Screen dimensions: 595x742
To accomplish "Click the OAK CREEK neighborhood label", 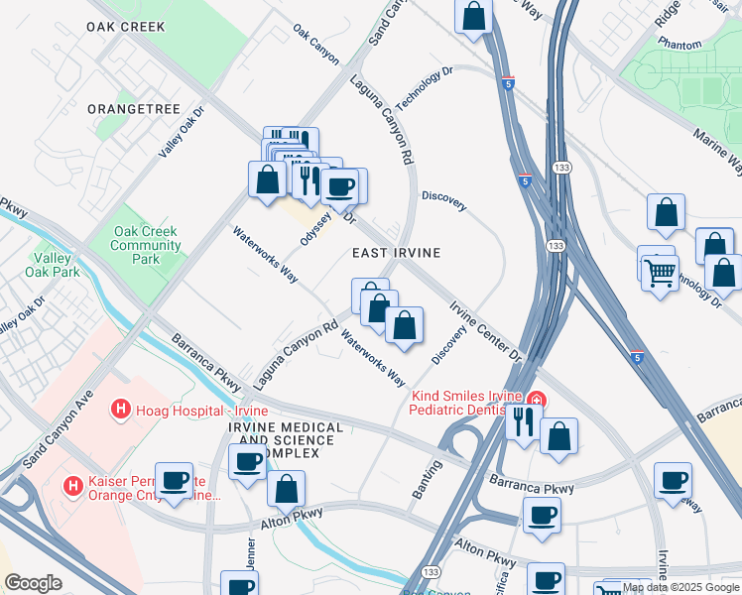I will pyautogui.click(x=125, y=27).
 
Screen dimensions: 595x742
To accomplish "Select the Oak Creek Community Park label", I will pyautogui.click(x=145, y=245).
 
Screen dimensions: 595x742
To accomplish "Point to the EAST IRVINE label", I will pyautogui.click(x=396, y=254).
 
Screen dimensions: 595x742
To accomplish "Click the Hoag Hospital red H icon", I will pyautogui.click(x=120, y=408).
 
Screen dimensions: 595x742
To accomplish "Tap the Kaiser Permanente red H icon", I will pyautogui.click(x=72, y=486).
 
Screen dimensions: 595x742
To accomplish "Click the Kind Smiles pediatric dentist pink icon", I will pyautogui.click(x=536, y=400).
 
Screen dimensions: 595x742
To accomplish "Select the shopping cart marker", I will pyautogui.click(x=660, y=270).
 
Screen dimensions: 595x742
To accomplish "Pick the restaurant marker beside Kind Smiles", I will pyautogui.click(x=522, y=421).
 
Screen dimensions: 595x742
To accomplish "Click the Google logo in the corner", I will pyautogui.click(x=33, y=583).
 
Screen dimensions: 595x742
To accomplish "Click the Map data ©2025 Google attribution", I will pyautogui.click(x=680, y=587).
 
